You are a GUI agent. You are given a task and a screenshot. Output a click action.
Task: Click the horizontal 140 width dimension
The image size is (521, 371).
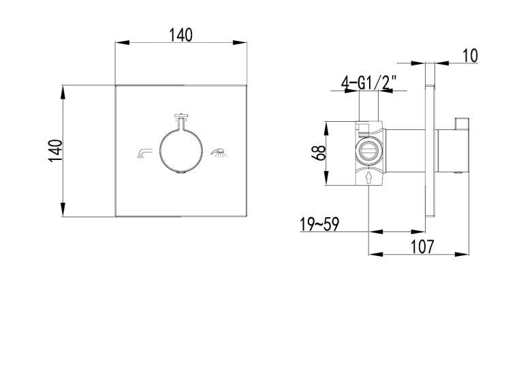click(180, 35)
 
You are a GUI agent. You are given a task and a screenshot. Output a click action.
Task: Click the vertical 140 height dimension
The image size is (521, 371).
click(55, 151)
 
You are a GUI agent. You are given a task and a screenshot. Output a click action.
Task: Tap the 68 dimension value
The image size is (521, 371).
click(320, 153)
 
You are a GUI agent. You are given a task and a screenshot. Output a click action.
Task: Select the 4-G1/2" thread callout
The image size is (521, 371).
click(369, 82)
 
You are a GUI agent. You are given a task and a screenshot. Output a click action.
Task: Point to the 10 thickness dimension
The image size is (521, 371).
click(470, 56)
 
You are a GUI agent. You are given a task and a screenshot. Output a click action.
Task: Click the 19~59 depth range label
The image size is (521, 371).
click(319, 224)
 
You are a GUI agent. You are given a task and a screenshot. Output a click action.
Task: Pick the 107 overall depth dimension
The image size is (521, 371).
click(423, 247)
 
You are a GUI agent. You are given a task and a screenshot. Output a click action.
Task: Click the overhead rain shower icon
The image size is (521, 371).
click(181, 115)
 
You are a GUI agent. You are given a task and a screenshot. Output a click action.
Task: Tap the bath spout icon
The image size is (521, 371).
click(144, 153)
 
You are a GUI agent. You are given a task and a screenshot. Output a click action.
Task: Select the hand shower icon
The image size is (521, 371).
click(218, 152)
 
